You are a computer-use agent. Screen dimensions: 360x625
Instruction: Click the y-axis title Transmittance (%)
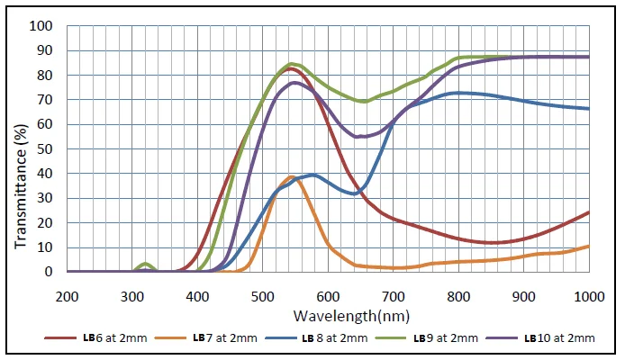(19, 148)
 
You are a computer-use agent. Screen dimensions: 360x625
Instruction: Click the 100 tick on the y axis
(42, 25)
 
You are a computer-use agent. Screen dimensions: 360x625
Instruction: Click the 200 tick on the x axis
(67, 296)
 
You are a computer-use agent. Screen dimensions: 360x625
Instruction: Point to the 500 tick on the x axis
(262, 296)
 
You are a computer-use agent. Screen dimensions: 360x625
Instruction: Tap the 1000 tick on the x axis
(588, 296)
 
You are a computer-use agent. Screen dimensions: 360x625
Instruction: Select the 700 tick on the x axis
(393, 296)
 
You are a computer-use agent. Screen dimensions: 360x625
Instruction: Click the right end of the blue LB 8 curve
(588, 108)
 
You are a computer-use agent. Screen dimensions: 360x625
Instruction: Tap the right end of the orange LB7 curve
(588, 246)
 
